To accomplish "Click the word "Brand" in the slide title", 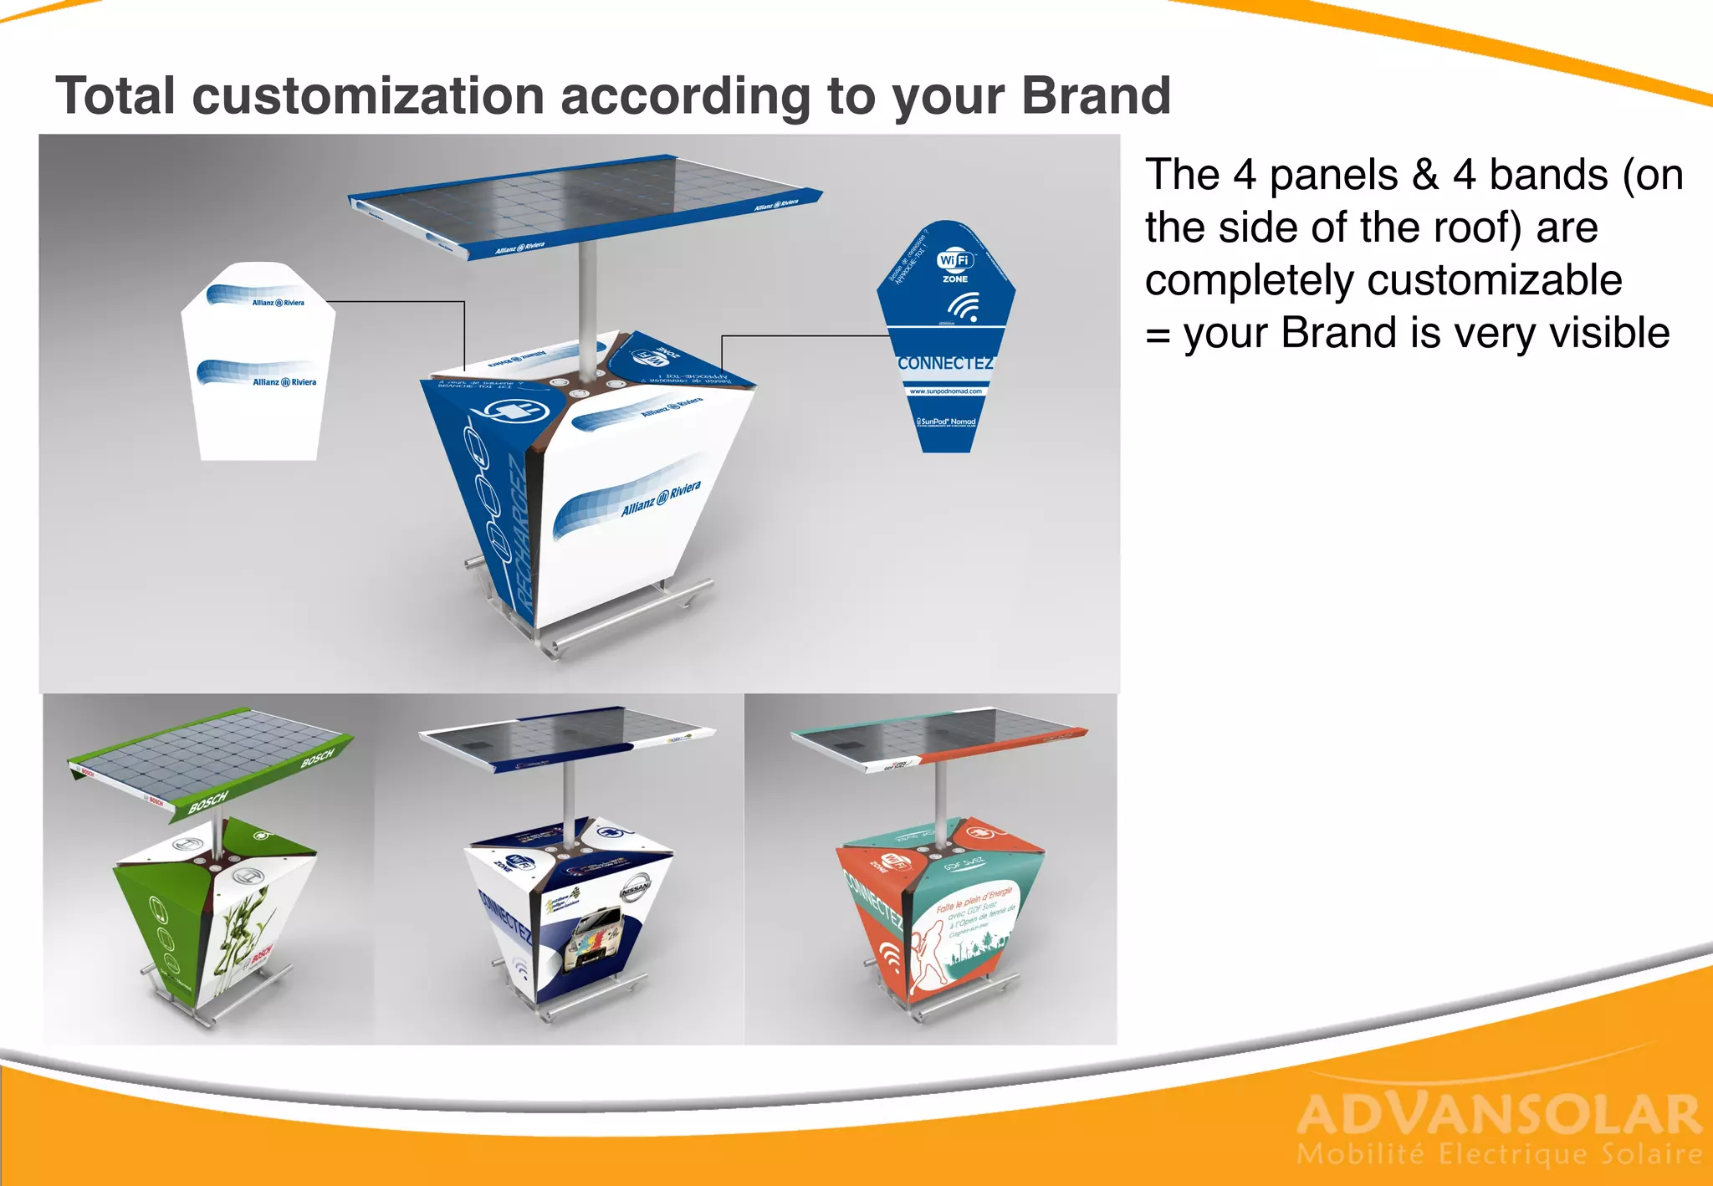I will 1096,95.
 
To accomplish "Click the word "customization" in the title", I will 369,95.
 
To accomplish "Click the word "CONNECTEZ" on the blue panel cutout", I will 945,363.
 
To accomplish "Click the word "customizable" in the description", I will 1383,280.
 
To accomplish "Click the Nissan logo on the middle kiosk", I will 634,892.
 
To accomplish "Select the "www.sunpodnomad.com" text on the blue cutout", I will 945,391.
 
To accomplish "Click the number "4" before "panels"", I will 1245,175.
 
